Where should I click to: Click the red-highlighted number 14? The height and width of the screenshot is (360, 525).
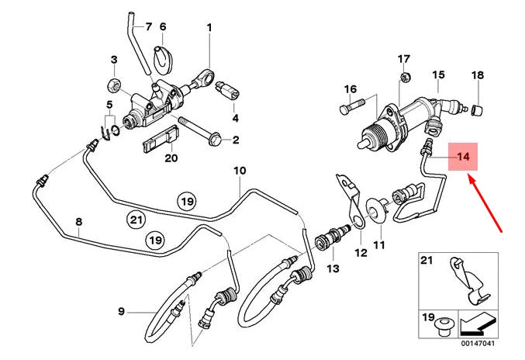(463, 157)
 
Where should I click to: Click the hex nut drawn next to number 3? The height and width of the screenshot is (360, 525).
(113, 83)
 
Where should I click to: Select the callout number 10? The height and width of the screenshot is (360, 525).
(240, 170)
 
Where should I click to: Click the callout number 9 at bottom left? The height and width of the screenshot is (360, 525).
(121, 312)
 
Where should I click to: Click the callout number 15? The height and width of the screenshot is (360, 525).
(438, 74)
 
